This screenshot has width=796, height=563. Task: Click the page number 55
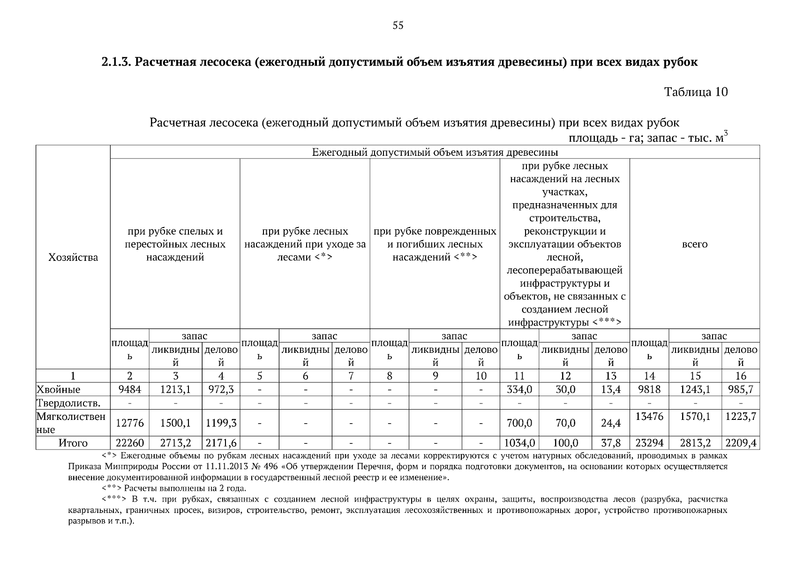point(398,26)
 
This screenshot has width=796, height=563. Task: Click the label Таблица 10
point(696,92)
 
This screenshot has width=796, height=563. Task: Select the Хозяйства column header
point(73,257)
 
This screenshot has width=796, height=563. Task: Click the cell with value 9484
point(129,389)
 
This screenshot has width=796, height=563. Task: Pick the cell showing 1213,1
point(175,389)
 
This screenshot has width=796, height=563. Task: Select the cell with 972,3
point(221,389)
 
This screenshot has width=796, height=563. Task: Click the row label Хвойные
point(59,389)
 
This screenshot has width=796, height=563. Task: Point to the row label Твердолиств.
point(68,403)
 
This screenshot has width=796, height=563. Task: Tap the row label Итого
point(73,443)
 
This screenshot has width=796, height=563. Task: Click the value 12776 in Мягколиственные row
point(129,423)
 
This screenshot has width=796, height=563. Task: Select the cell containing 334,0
point(519,389)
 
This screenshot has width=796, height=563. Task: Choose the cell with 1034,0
point(519,443)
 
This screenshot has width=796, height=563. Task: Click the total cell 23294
point(649,443)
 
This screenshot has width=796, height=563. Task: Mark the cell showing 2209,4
point(741,443)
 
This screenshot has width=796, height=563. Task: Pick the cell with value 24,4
point(611,423)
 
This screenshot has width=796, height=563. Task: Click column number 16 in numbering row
point(741,376)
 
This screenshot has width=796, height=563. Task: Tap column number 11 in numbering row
point(519,376)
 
